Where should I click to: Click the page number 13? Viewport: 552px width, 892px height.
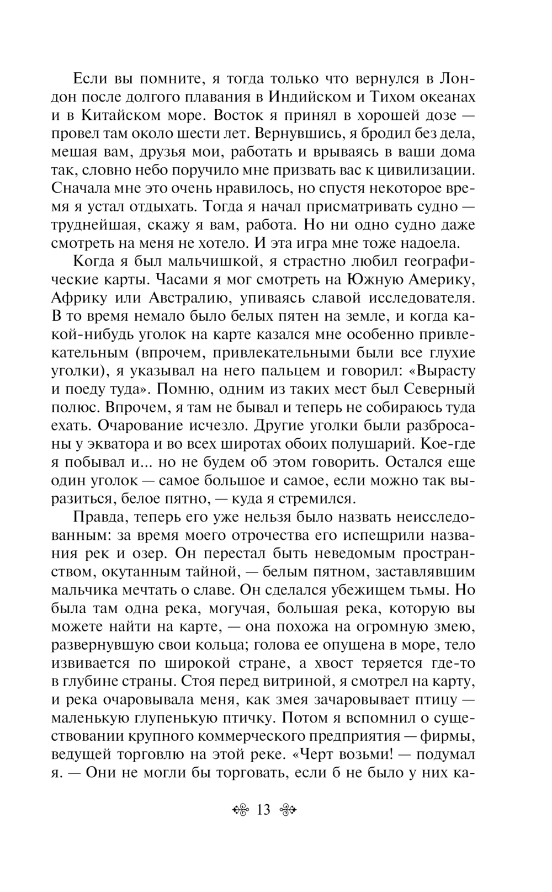click(x=263, y=810)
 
